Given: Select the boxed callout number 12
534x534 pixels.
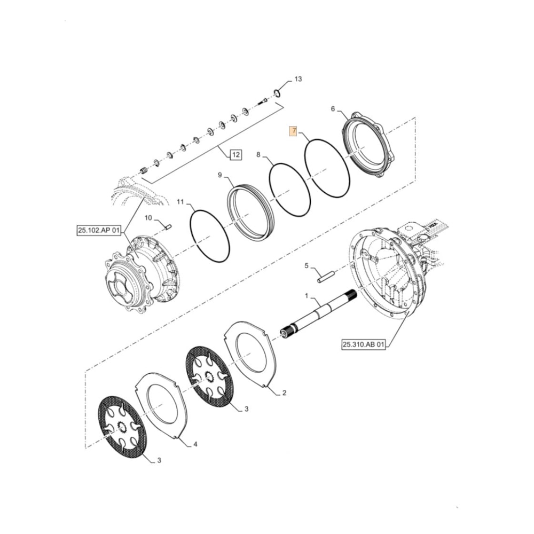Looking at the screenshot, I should [x=235, y=155].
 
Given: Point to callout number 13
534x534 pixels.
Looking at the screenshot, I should [x=298, y=79].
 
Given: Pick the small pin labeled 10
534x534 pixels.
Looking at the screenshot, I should [x=167, y=226].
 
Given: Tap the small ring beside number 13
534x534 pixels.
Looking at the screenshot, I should [x=277, y=93].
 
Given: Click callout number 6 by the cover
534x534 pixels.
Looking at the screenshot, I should [x=333, y=109].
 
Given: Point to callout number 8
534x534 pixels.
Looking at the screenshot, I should [x=258, y=155].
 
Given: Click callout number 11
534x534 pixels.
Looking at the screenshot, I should [x=180, y=202].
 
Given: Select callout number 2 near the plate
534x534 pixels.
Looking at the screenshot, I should [x=284, y=393].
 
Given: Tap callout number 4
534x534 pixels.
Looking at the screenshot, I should [x=195, y=444].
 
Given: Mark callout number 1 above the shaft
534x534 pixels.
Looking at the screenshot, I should [x=307, y=295].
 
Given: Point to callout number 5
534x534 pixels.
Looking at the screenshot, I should [x=307, y=265].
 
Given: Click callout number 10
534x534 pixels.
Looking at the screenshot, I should [x=148, y=217].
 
